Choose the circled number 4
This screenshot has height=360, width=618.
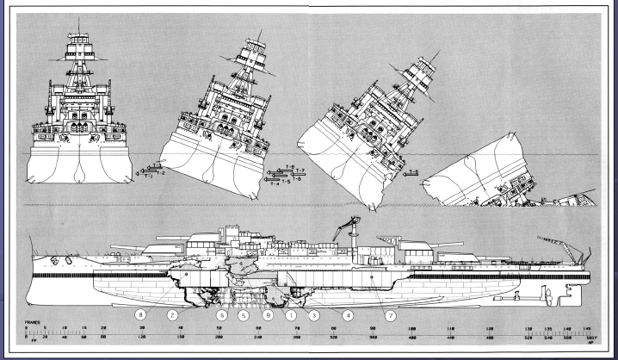click(x=348, y=315)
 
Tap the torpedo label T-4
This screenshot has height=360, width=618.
click(x=274, y=183)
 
